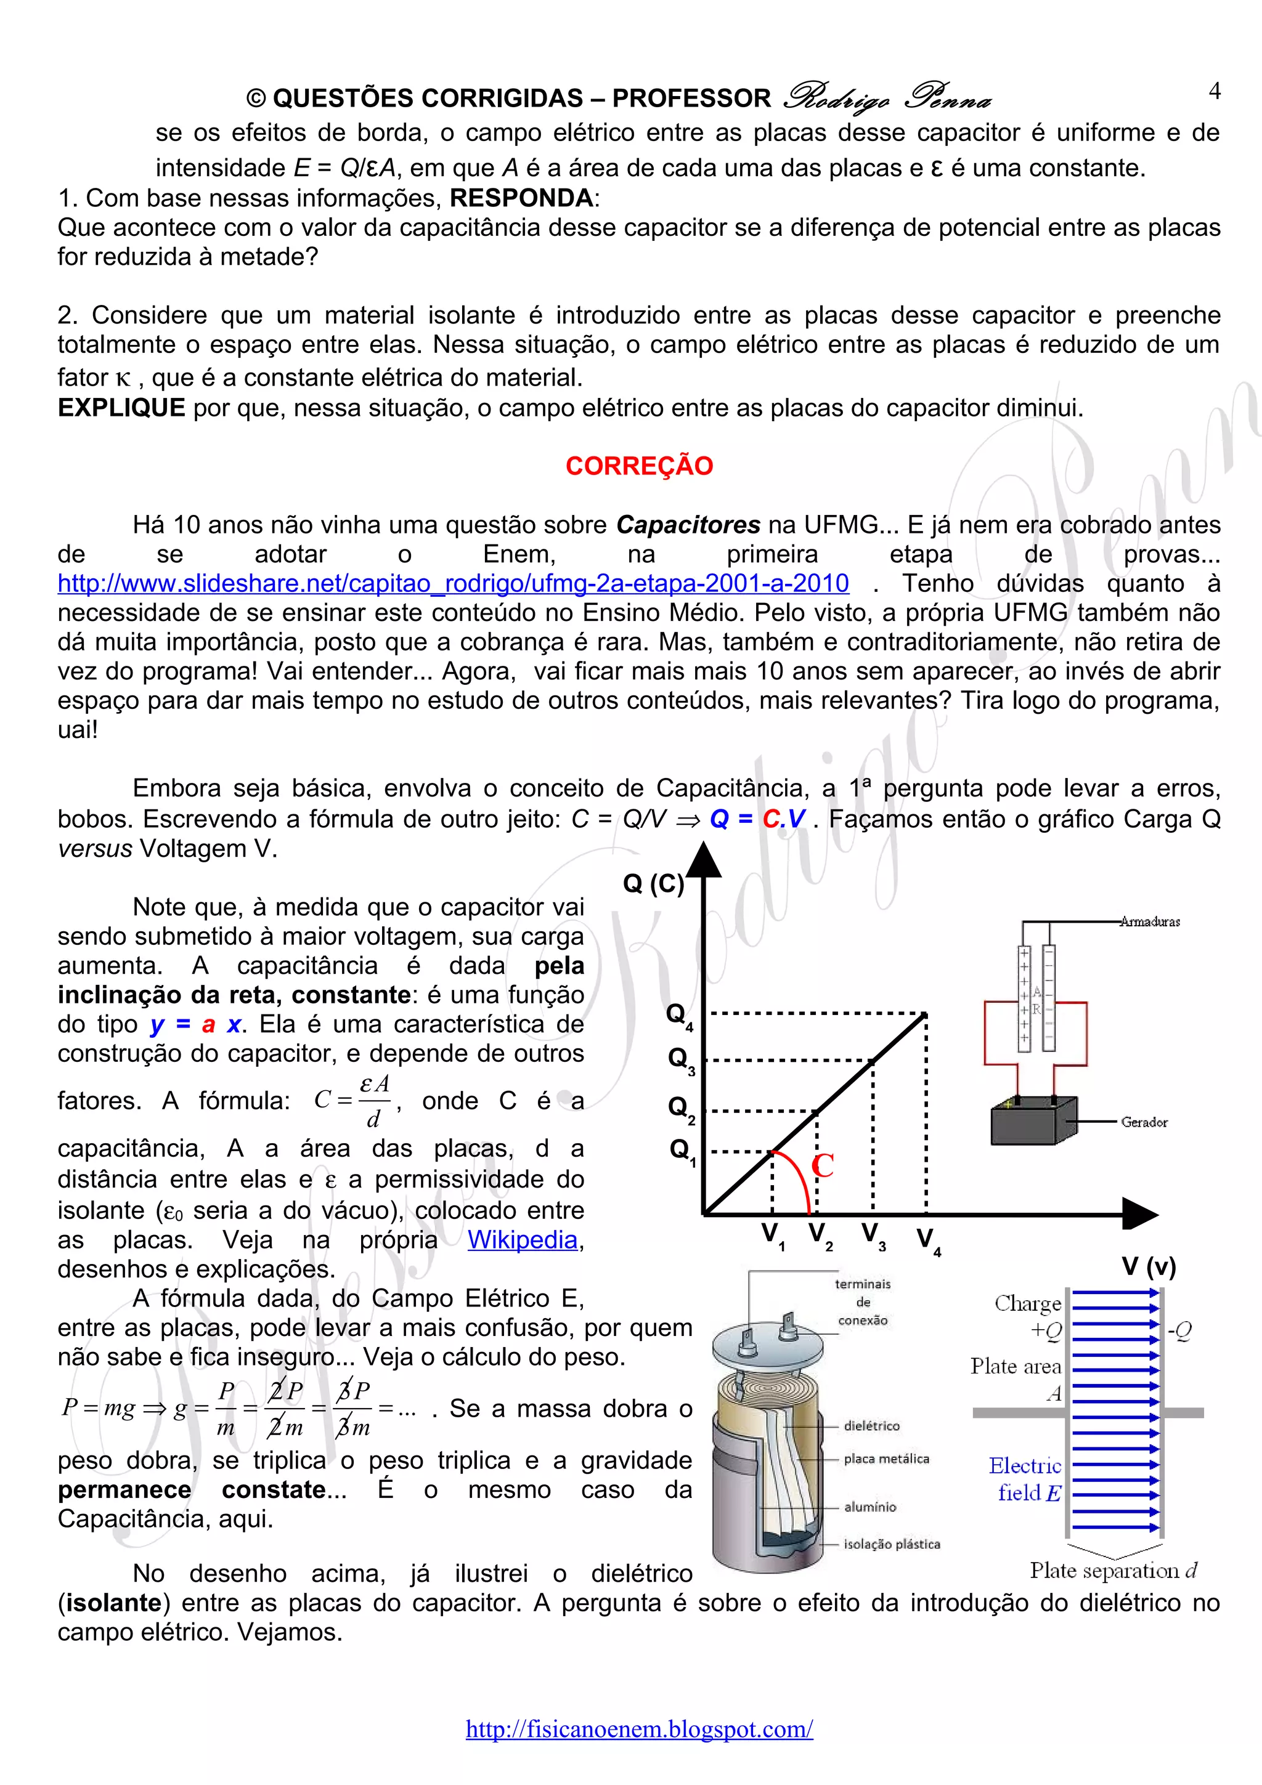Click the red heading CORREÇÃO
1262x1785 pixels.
638,466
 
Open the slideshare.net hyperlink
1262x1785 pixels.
454,583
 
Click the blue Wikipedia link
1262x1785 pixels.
522,1239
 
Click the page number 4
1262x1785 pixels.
1214,92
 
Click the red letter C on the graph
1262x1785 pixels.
822,1165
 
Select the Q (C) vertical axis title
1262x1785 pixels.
653,883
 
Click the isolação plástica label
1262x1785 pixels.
891,1544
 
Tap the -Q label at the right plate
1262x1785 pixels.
1179,1331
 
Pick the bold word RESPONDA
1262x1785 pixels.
521,198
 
